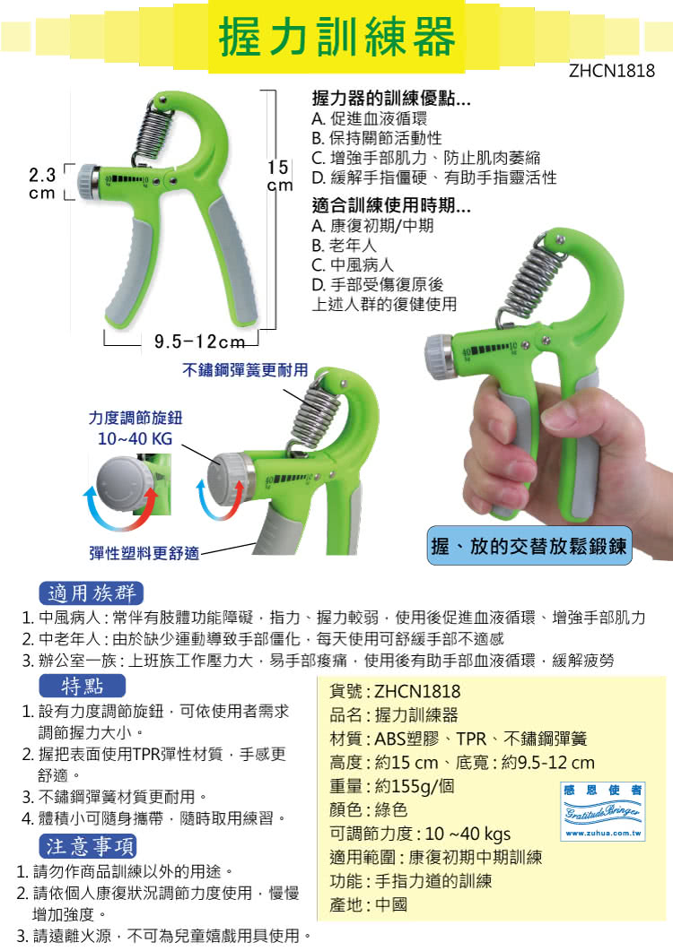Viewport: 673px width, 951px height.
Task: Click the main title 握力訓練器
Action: pos(337,37)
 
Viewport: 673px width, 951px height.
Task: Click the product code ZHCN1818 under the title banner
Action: pos(612,71)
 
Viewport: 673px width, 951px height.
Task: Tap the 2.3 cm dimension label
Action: pos(42,184)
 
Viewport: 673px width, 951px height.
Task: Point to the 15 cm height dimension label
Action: pos(279,176)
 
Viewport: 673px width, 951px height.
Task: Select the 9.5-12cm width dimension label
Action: pos(199,342)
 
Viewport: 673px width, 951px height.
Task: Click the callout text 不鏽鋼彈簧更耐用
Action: pos(245,370)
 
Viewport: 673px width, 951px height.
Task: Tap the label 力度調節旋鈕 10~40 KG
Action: pos(135,428)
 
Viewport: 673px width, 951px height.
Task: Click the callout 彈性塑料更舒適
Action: pos(144,552)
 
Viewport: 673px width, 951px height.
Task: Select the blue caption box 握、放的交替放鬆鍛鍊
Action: pos(529,547)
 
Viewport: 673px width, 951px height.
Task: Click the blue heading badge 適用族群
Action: pos(92,592)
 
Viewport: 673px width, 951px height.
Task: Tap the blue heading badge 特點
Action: pos(82,686)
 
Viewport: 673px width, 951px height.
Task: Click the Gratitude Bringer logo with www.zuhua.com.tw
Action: pos(602,811)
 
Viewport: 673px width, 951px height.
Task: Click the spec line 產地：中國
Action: pos(368,904)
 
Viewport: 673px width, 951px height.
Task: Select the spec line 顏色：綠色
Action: pos(368,809)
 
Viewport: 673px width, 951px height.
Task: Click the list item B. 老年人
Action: pos(344,246)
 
